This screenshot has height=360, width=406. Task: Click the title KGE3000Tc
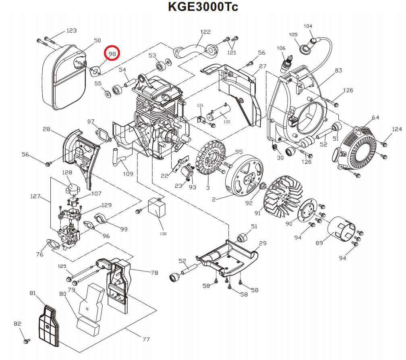[203, 7]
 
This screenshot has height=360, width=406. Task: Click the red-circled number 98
[112, 53]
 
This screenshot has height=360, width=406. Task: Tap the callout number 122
[205, 32]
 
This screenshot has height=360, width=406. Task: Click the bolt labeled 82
[27, 341]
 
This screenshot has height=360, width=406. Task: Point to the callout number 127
[36, 197]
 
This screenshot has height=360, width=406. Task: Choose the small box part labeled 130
[157, 208]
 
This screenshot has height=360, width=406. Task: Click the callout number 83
[338, 70]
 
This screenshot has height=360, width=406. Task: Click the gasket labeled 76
[52, 243]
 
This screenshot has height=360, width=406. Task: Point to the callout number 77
[146, 339]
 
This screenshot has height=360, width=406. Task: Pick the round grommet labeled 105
[305, 48]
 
